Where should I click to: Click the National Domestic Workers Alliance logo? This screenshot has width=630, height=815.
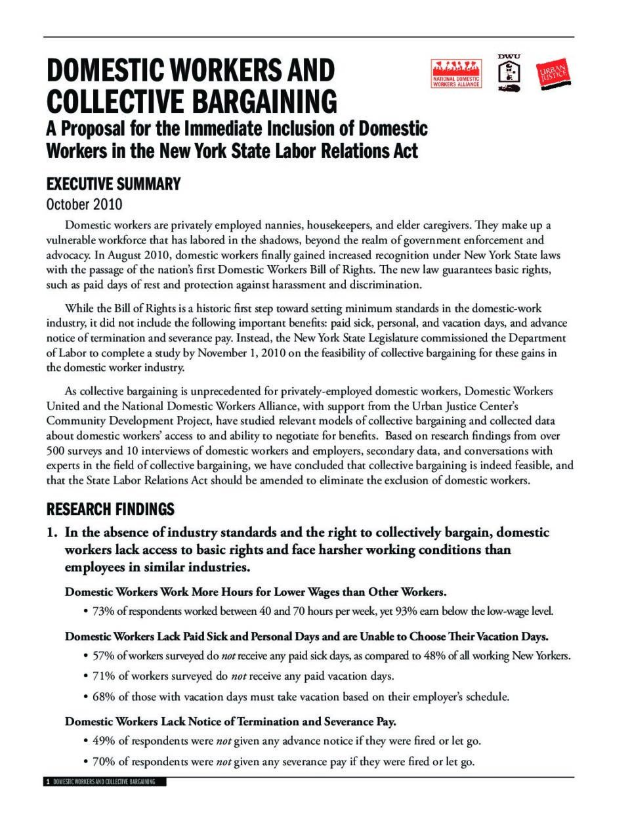click(x=455, y=73)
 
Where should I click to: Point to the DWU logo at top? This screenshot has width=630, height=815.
click(x=509, y=72)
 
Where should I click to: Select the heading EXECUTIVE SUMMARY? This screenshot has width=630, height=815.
click(x=113, y=184)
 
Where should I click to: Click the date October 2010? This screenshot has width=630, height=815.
click(x=84, y=204)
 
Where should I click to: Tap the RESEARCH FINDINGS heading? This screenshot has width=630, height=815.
click(x=110, y=509)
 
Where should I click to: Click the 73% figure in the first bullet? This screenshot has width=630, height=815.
click(x=103, y=612)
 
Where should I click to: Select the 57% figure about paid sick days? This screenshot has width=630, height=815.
click(x=103, y=656)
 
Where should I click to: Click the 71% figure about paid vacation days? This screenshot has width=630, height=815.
click(x=103, y=676)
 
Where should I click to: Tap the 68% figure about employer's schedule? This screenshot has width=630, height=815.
click(x=103, y=697)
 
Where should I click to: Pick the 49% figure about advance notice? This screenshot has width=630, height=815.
click(x=103, y=741)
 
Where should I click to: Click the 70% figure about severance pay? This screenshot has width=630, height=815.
click(x=103, y=762)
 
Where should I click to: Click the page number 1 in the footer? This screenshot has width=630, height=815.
click(x=48, y=782)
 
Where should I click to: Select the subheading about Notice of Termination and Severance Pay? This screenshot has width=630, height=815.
click(x=230, y=722)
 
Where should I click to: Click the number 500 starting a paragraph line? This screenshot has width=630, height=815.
click(x=55, y=451)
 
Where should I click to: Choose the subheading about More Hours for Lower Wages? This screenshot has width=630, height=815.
click(x=255, y=592)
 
